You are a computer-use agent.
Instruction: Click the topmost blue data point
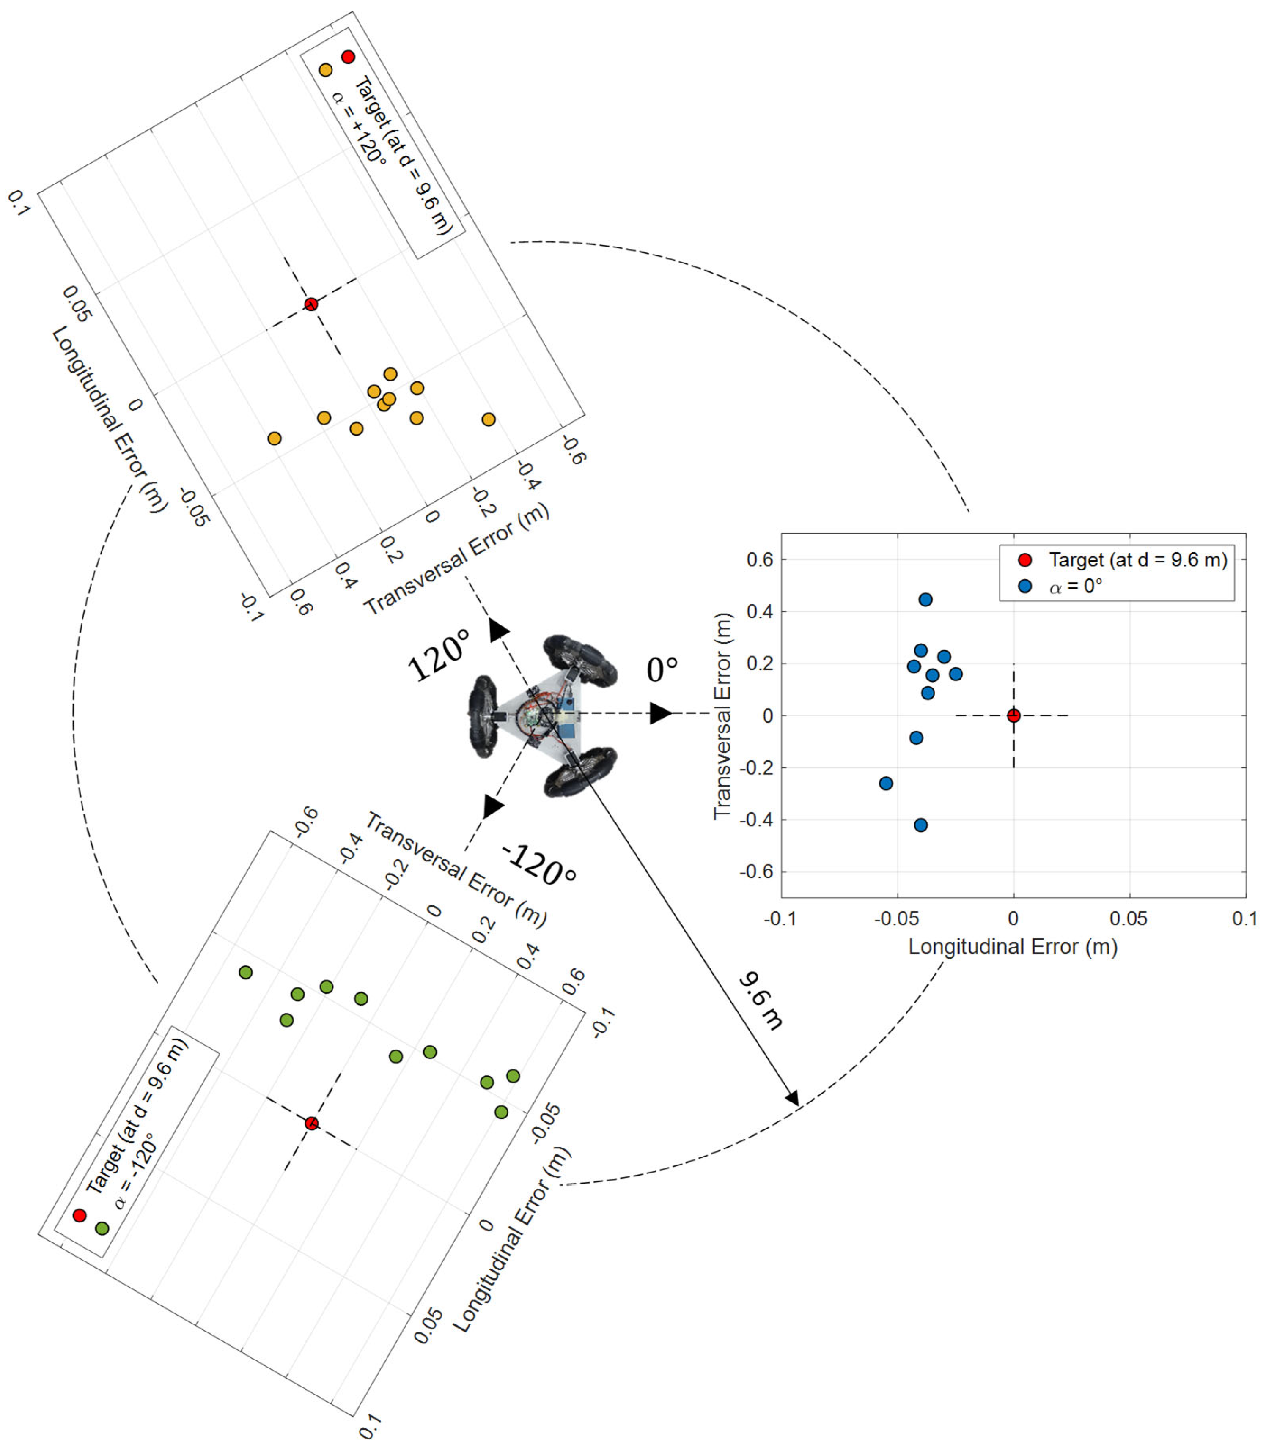(925, 600)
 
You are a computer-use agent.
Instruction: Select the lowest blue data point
(920, 825)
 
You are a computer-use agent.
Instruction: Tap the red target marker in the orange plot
(311, 304)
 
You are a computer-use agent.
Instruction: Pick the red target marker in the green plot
(312, 1123)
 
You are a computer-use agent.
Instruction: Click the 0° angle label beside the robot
(662, 669)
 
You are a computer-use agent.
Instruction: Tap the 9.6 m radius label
(761, 1001)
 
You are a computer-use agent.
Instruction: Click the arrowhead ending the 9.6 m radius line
(793, 1098)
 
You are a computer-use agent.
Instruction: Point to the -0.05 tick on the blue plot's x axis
(897, 919)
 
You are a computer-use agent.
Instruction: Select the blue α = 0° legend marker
(1025, 586)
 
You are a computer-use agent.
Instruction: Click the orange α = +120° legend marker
(326, 70)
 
